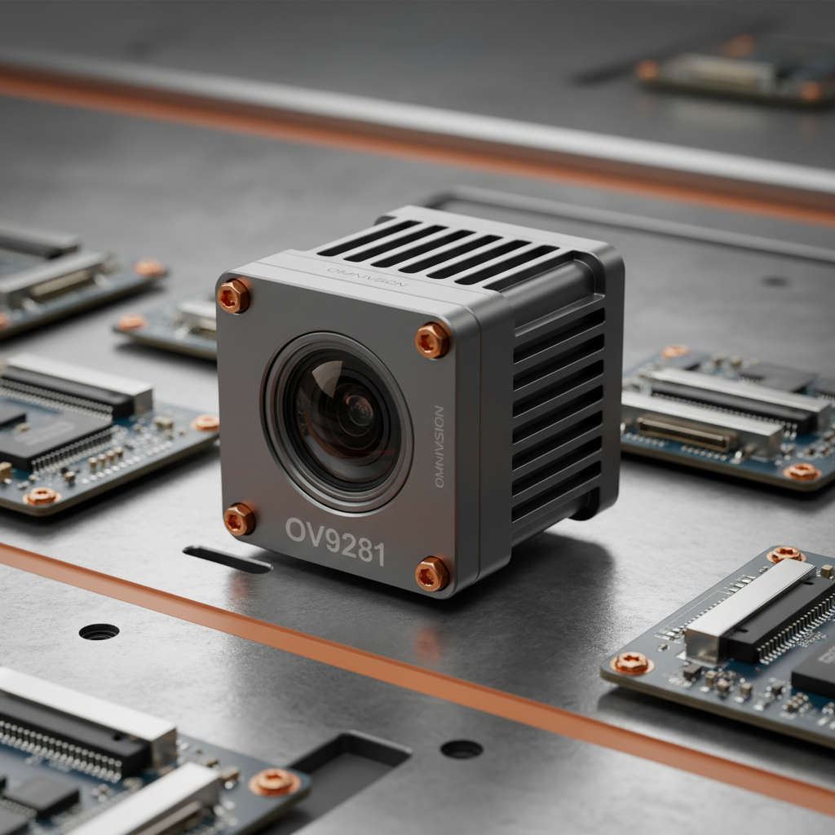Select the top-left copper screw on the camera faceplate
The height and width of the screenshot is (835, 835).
234,296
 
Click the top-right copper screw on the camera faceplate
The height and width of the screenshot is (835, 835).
432,340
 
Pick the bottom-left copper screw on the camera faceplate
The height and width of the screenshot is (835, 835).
239,519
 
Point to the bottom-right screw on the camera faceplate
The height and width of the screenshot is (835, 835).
431,574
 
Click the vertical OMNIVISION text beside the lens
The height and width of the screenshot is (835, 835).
440,447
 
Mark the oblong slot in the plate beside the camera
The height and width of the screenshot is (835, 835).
228,559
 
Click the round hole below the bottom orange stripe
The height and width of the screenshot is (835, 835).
462,749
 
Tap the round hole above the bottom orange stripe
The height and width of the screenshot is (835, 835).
99,631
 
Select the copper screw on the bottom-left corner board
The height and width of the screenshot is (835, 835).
274,783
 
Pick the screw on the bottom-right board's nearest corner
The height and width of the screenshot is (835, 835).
632,664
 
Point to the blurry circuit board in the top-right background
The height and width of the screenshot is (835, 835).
734,73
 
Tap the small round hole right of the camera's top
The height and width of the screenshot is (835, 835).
774,281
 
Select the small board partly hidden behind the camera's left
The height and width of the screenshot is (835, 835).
171,326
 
